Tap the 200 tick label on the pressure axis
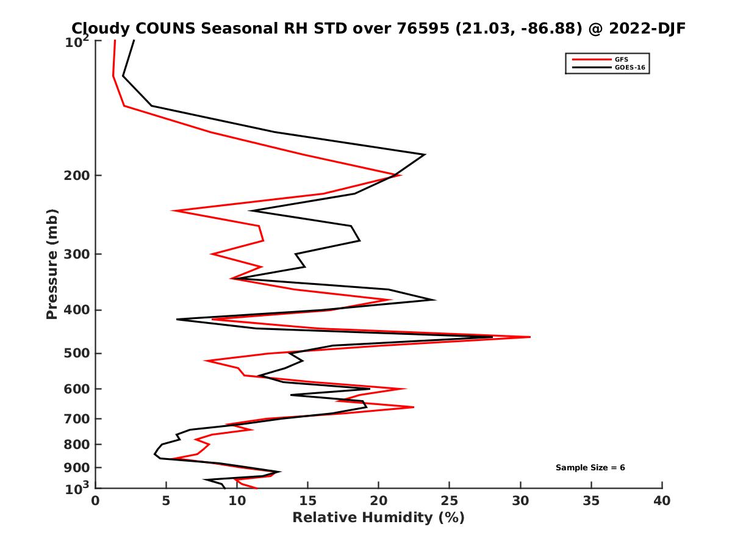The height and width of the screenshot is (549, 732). coord(76,176)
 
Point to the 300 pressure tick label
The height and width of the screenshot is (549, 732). coord(76,254)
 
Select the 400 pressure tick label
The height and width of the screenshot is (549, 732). coord(76,310)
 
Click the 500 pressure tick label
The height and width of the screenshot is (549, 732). coord(76,353)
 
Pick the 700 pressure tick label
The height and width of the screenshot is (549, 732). coord(76,418)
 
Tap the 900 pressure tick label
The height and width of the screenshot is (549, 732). coord(76,468)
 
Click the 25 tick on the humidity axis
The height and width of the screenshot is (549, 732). coord(450,501)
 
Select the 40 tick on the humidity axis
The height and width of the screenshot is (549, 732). coord(662,501)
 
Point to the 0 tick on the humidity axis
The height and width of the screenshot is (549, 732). coord(96,501)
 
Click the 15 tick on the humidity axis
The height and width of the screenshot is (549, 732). coord(308,501)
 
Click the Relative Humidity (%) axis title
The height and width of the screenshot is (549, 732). coord(378,518)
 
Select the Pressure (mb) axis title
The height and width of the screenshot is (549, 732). coord(52,264)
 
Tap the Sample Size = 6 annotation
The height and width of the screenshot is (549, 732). coord(590,468)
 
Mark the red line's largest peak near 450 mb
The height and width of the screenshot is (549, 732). coord(529,337)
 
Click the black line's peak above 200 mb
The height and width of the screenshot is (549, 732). coord(425,155)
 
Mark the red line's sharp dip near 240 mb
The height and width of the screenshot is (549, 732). coord(173,210)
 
